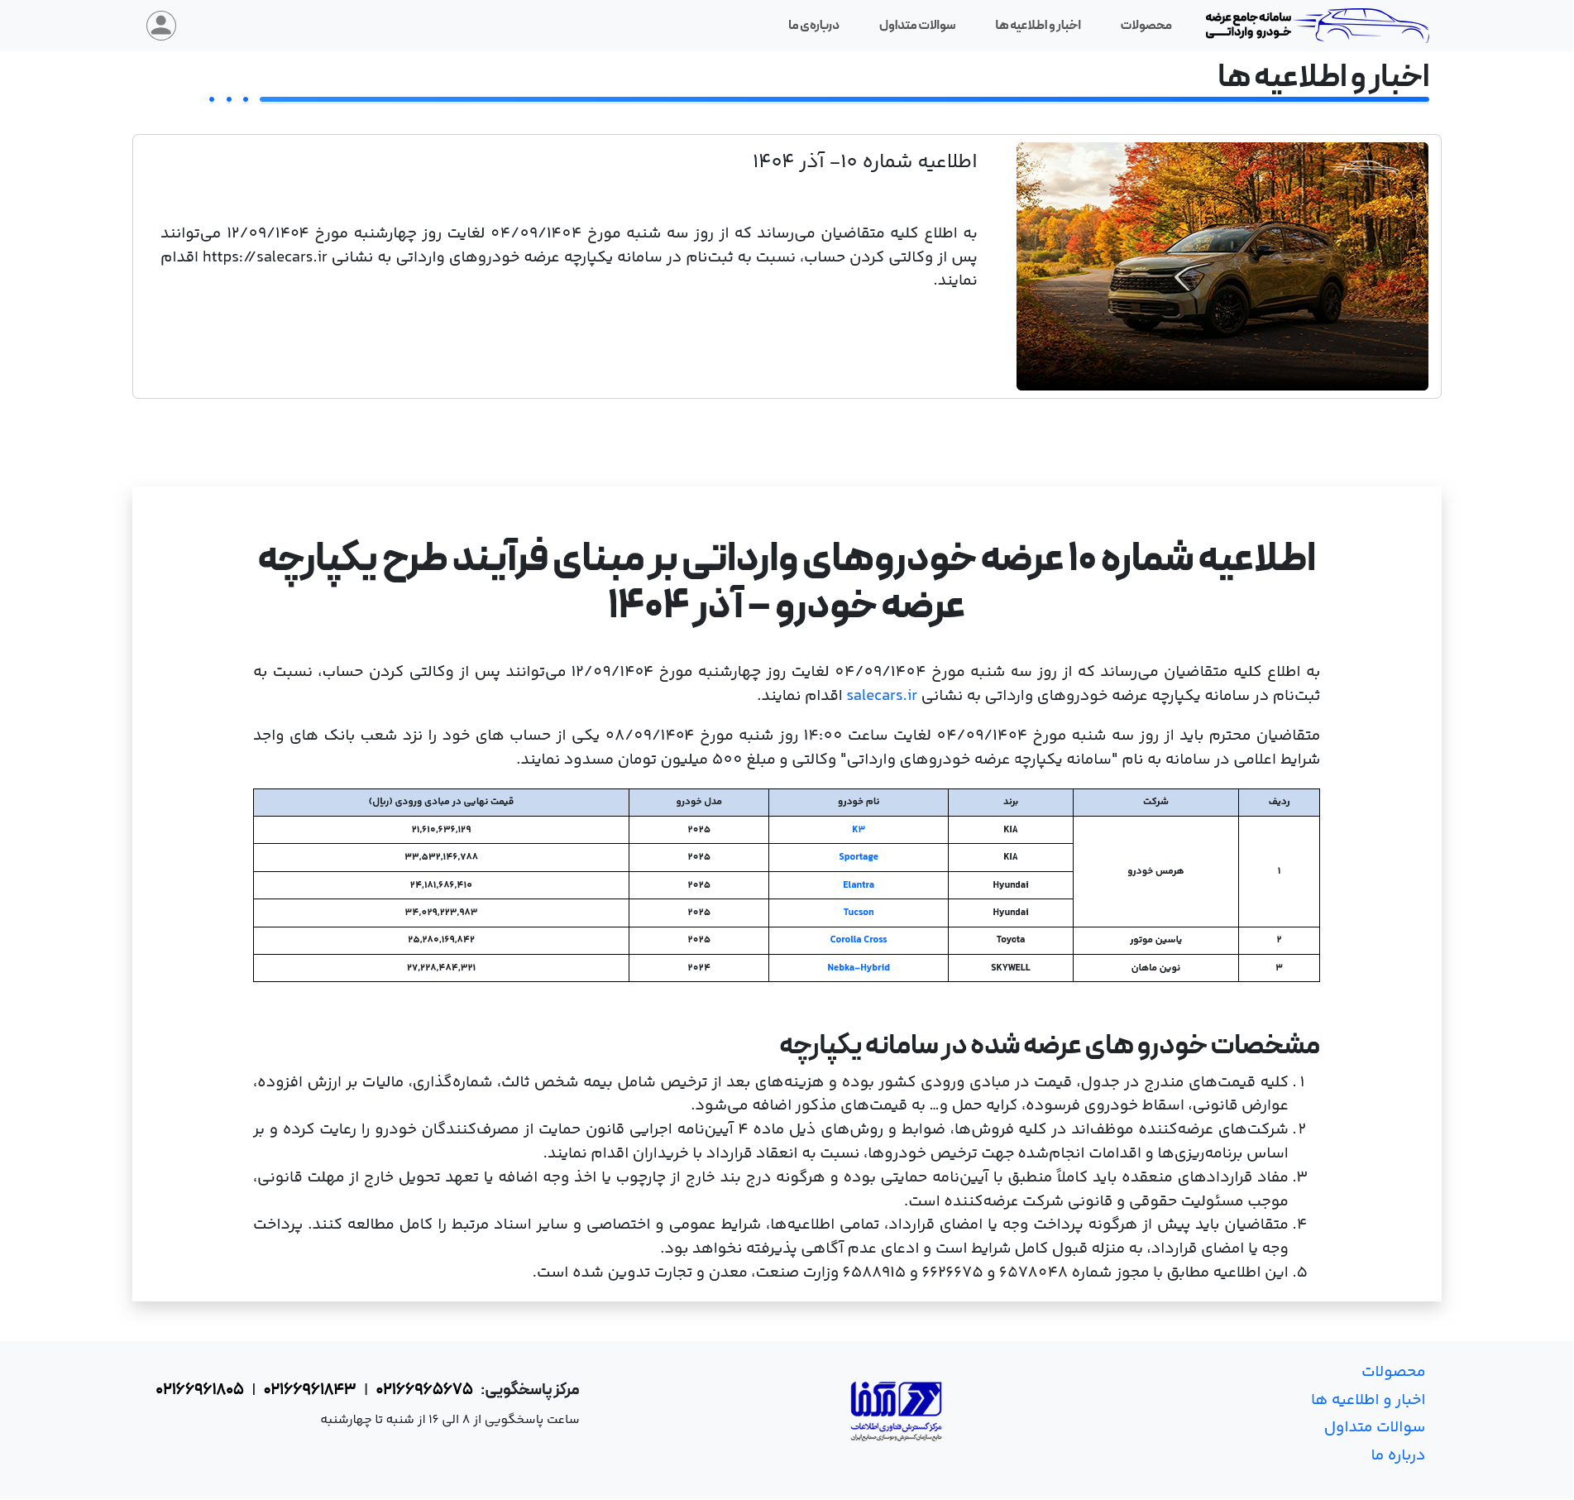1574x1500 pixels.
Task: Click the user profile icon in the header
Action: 161,26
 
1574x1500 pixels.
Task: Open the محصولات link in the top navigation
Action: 1146,26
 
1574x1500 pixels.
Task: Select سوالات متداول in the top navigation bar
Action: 916,26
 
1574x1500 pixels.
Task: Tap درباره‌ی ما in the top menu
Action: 813,26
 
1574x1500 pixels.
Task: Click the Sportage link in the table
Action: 858,857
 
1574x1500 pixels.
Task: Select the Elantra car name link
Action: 858,885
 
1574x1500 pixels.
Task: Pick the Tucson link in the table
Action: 858,913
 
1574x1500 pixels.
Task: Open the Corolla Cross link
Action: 858,940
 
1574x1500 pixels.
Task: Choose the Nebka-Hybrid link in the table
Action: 858,968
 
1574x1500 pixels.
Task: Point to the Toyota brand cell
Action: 1010,940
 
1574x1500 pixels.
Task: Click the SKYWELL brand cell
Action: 1010,968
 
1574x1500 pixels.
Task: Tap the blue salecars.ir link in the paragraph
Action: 881,696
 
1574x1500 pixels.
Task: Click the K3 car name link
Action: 858,830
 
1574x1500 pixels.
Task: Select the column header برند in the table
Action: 1010,802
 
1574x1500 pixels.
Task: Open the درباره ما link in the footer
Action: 1397,1455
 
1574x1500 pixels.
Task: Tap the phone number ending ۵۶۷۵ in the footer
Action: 424,1389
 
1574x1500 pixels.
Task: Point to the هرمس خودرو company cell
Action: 1155,871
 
